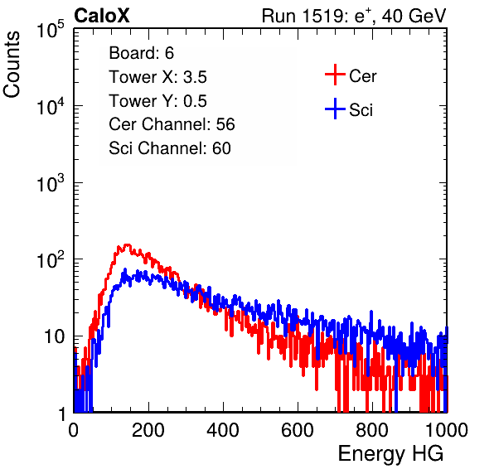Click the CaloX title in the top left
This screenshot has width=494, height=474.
(102, 16)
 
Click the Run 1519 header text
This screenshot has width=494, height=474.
(354, 16)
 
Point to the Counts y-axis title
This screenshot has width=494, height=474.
(12, 65)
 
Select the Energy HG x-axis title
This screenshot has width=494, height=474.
(390, 454)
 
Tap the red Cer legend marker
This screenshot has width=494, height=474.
(335, 75)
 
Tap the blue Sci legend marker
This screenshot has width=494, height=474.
(335, 109)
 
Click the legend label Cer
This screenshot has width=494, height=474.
(362, 76)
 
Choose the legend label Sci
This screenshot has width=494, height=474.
(361, 110)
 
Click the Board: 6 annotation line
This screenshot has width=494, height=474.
(141, 53)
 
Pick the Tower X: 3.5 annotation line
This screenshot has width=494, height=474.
(157, 77)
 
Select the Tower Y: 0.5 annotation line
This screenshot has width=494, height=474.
(157, 101)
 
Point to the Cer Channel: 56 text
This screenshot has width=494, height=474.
(172, 124)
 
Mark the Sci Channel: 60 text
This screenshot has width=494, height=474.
(170, 148)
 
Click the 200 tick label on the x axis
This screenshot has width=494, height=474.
(148, 430)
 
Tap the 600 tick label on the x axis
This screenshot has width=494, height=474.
(298, 430)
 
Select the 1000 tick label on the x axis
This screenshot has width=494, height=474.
(447, 430)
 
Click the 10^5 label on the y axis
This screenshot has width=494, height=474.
(51, 29)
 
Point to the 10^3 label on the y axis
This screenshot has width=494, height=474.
(51, 183)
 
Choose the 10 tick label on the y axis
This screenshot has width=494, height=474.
(54, 336)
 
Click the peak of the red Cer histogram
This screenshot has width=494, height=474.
(127, 244)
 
